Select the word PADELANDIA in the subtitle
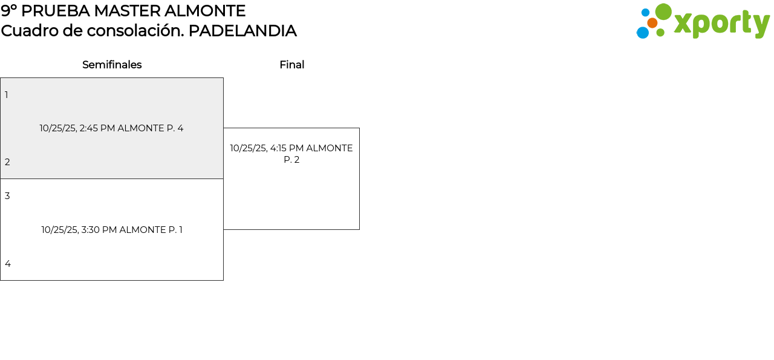(242, 31)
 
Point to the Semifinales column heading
(112, 65)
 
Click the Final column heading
(291, 65)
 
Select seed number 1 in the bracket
(7, 95)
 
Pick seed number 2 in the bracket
(7, 162)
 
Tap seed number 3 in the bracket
(7, 196)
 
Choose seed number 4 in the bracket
(8, 264)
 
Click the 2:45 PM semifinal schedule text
(111, 128)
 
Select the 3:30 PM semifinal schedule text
(112, 230)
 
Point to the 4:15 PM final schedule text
(291, 148)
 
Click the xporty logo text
(721, 24)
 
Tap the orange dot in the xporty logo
(652, 23)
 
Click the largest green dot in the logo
(663, 11)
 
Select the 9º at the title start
(8, 11)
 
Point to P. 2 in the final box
(291, 160)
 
